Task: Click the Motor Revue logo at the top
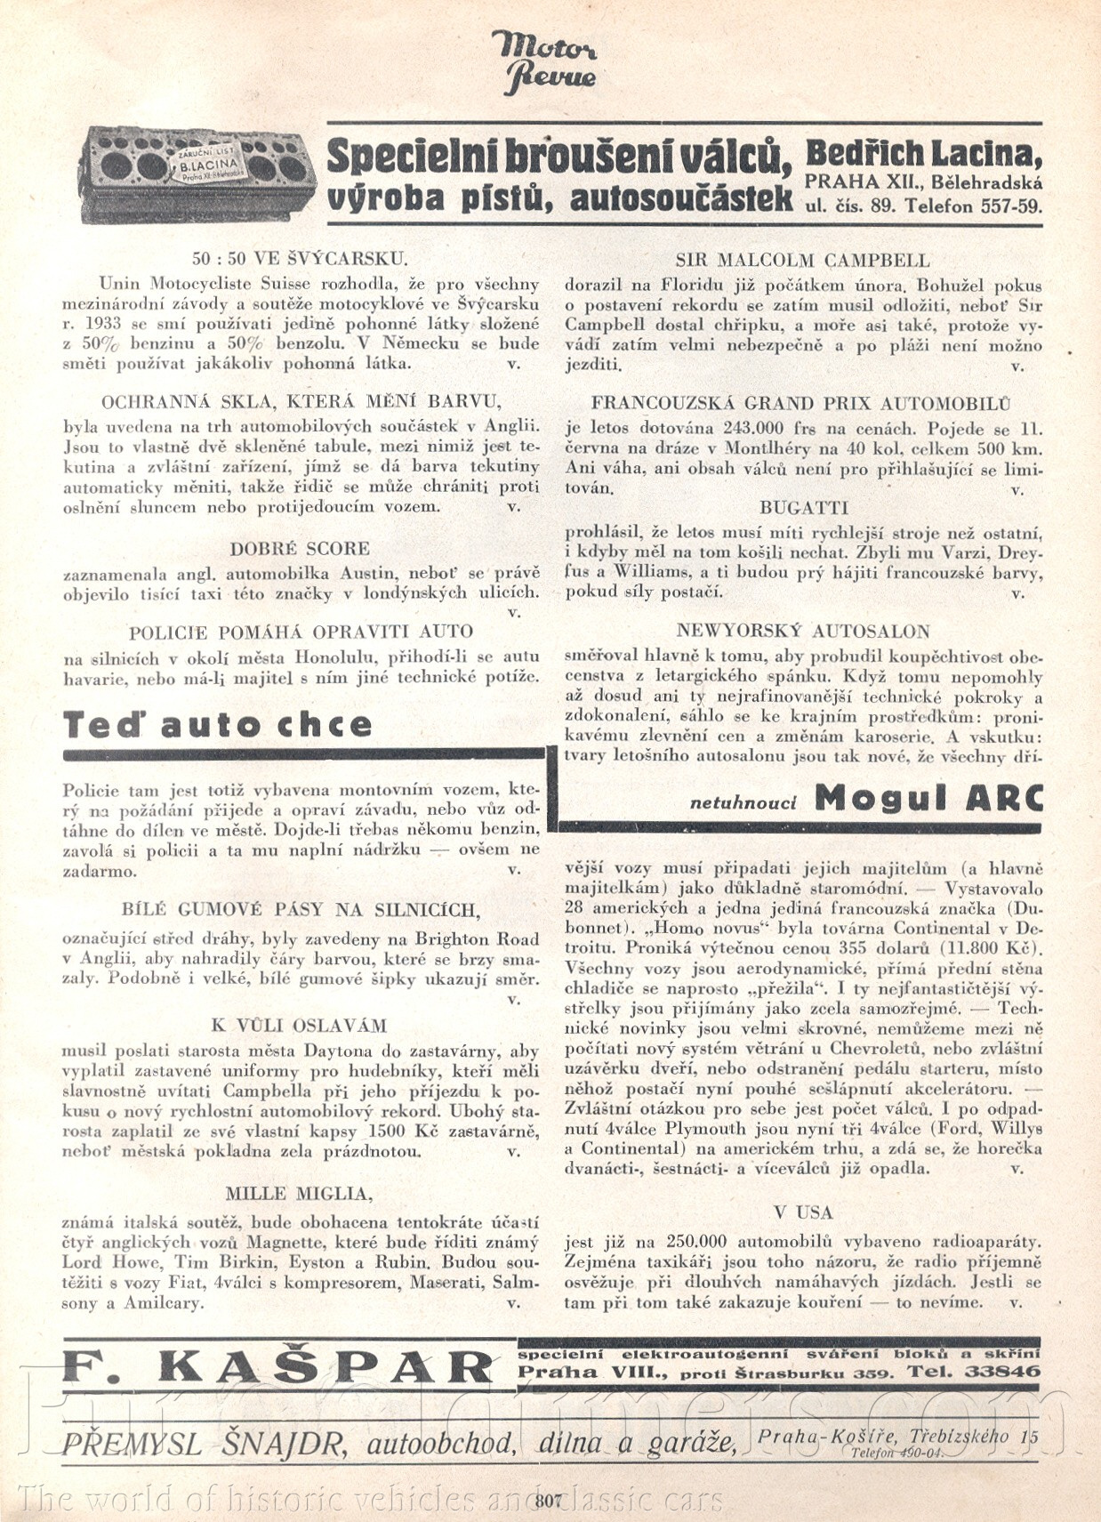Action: pos(544,61)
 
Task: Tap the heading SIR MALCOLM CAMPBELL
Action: pos(802,261)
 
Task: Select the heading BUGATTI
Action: pos(803,508)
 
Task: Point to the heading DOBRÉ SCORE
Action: pos(300,548)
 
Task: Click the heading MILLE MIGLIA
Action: pos(299,1193)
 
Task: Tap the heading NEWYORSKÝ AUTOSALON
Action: pos(802,631)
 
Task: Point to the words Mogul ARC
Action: pos(928,799)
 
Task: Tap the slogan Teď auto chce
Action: pos(218,724)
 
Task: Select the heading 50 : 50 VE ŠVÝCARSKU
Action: pos(300,259)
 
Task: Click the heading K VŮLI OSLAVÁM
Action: pos(299,1025)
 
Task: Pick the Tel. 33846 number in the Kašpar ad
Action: pos(973,1372)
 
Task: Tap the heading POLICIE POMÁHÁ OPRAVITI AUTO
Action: pos(301,632)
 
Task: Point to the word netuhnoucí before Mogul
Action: pos(743,802)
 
